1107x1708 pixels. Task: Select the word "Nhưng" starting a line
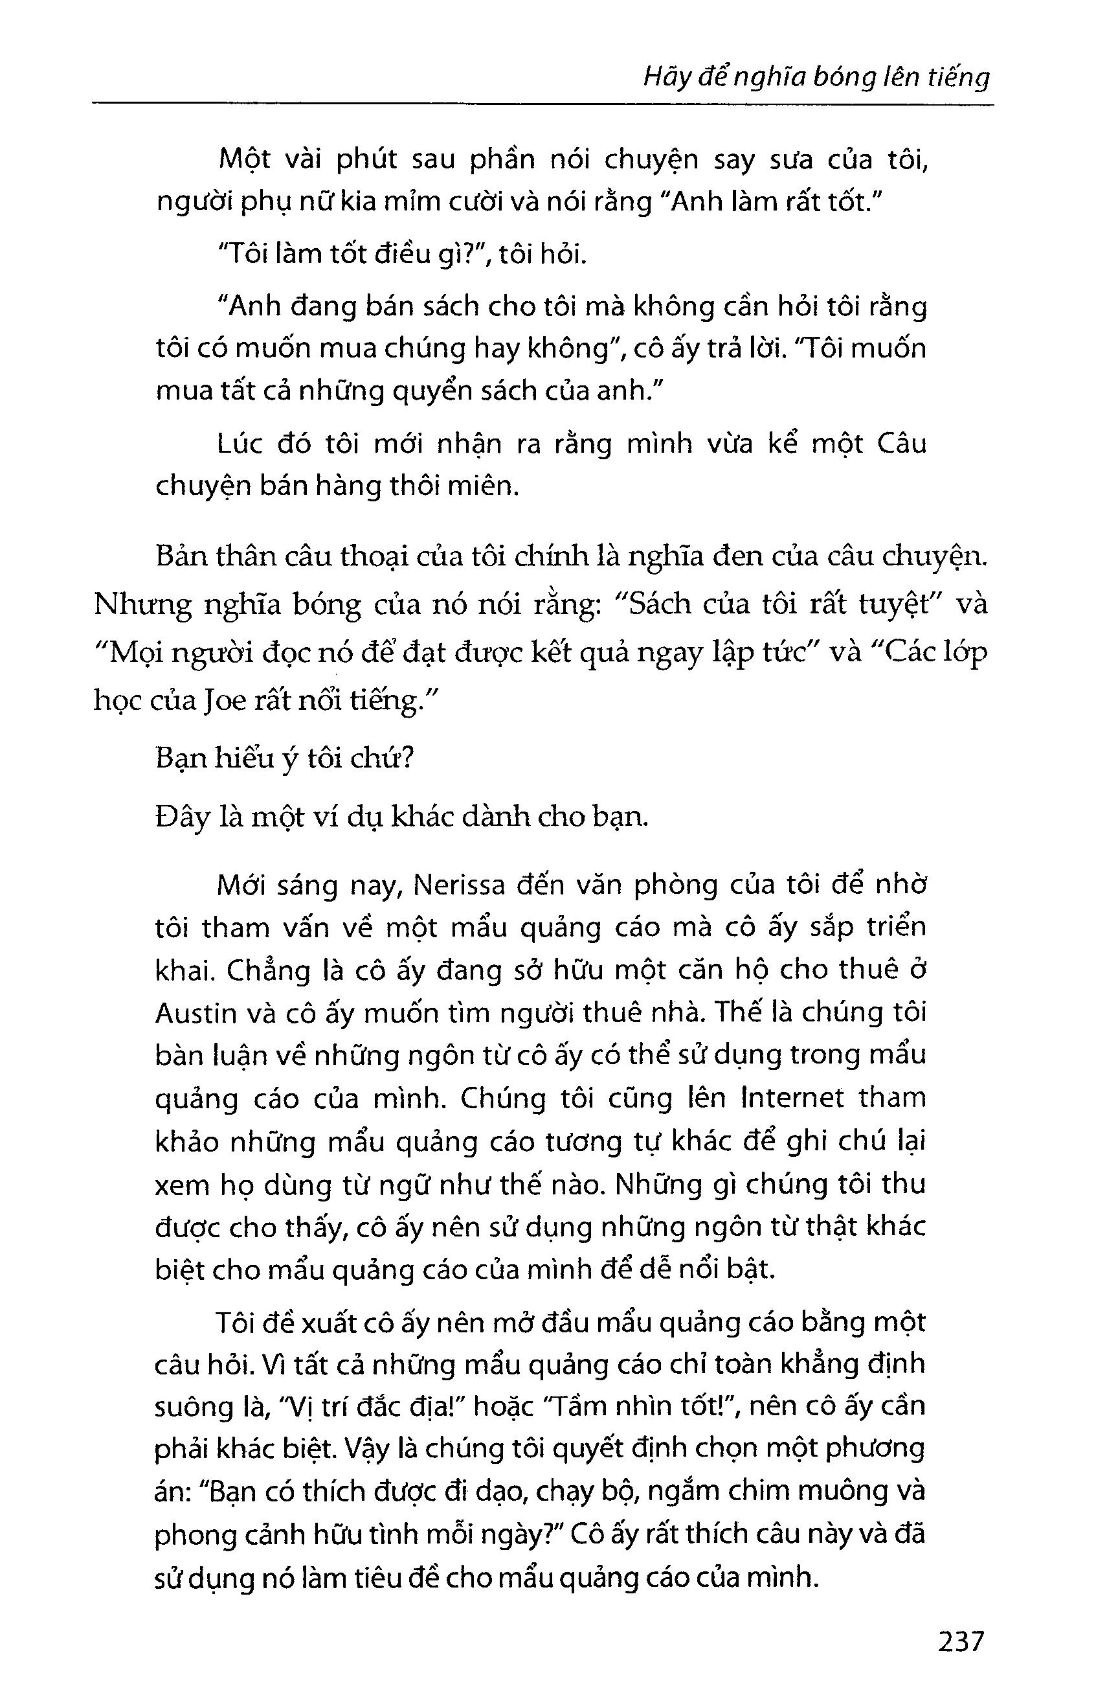click(148, 606)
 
